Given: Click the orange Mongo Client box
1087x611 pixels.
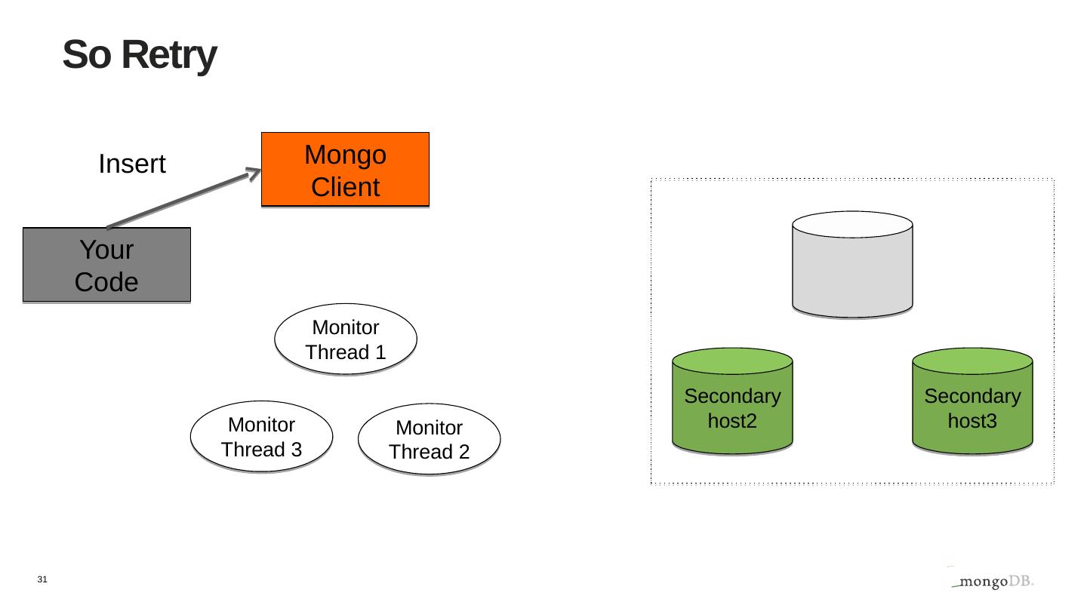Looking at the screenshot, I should point(345,170).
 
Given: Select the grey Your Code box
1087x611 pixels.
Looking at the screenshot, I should point(106,265).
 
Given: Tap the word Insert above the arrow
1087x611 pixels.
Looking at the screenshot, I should point(132,164).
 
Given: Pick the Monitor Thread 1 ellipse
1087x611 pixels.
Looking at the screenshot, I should point(346,339).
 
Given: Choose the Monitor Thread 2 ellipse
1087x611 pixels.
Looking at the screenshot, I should point(429,439).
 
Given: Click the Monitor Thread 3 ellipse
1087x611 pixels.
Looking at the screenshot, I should point(261,437).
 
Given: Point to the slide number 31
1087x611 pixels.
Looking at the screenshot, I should point(42,579).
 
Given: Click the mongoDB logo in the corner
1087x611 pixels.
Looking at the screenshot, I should point(992,582).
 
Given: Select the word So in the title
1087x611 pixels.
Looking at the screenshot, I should point(87,55).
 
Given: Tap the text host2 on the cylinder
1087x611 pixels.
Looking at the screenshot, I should point(732,421).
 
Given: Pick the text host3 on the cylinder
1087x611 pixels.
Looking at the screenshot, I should point(972,421).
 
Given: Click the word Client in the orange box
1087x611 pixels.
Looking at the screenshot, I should point(345,187).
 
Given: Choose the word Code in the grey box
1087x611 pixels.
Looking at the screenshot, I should point(106,282).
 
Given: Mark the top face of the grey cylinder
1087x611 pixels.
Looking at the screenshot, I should point(852,224).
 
